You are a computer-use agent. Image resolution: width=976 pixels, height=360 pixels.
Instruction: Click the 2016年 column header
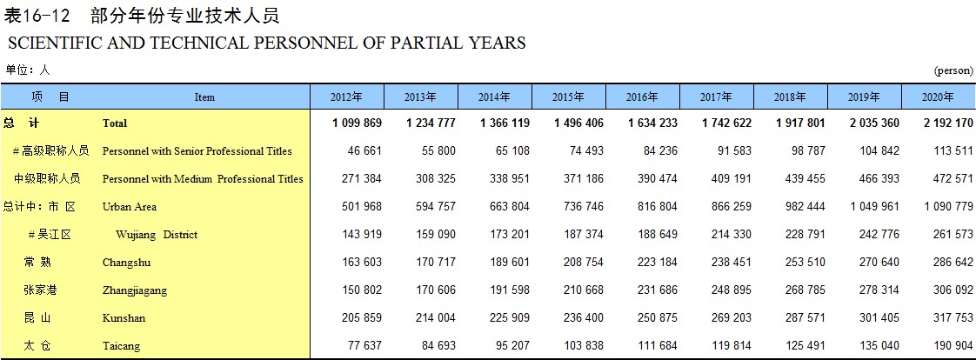(642, 97)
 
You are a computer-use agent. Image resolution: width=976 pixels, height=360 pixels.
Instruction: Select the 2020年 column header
(938, 97)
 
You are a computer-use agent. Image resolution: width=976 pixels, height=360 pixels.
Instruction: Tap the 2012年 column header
(346, 97)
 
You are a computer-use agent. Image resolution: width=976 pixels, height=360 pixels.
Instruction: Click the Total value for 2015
(578, 123)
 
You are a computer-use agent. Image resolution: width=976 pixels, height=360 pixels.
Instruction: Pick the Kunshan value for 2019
(879, 317)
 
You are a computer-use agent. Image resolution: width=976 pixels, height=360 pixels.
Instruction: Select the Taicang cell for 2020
(953, 346)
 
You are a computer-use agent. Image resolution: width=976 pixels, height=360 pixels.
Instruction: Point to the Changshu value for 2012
(362, 262)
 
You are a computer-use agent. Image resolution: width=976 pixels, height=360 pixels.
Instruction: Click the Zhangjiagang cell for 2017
(732, 290)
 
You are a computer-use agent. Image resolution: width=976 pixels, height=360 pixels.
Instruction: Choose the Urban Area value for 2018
(805, 206)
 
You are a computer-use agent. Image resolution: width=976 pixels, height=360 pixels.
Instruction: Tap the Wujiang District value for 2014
(509, 235)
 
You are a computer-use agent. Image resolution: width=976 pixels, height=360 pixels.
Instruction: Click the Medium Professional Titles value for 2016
(658, 178)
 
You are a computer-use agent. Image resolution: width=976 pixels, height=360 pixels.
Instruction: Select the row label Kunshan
(124, 317)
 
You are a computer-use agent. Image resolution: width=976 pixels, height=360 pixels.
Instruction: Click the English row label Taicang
(122, 346)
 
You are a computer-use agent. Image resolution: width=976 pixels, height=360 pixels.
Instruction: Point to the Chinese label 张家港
(41, 290)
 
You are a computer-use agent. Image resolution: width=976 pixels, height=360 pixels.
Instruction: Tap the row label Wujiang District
(157, 235)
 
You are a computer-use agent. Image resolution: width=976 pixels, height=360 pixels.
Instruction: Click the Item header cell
(204, 97)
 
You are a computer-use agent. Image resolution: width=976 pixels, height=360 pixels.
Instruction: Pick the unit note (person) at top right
(953, 71)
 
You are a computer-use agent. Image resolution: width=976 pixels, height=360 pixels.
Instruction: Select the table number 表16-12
(41, 16)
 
